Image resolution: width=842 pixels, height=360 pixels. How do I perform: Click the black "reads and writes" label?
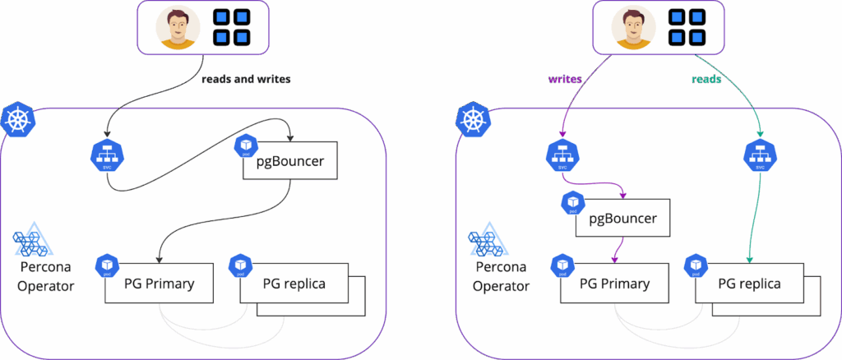[x=247, y=80]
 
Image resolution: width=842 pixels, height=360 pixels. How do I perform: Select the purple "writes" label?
[x=566, y=80]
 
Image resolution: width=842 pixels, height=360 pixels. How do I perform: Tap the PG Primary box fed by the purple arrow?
[x=614, y=284]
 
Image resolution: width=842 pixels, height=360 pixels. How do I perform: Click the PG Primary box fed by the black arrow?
[x=160, y=284]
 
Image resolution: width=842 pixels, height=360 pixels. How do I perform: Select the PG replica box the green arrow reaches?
[x=749, y=284]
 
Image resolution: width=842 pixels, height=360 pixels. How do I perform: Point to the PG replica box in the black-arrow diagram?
[x=294, y=284]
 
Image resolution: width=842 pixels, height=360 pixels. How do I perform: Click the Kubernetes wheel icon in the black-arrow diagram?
[x=17, y=120]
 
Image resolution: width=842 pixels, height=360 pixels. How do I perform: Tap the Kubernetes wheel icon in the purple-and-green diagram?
[x=472, y=120]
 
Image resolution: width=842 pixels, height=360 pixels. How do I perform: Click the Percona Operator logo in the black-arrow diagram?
[x=34, y=243]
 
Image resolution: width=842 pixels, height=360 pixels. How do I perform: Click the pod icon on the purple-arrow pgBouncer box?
[x=574, y=203]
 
